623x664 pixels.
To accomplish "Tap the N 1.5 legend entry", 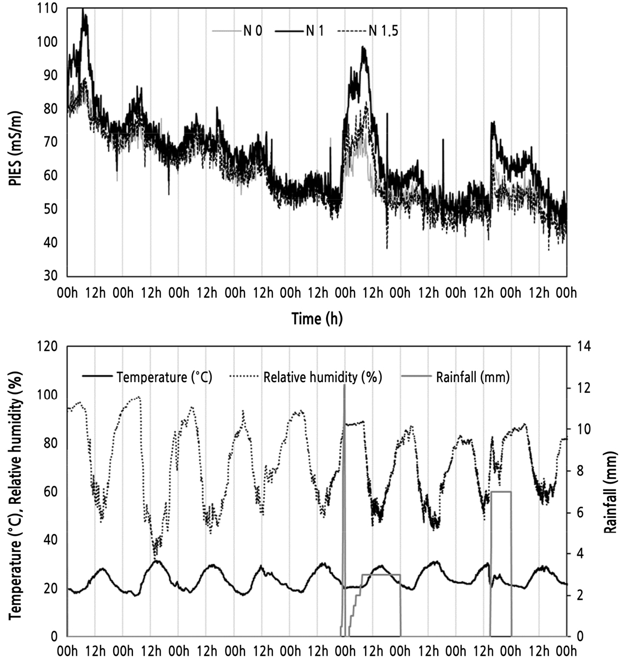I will click(383, 31).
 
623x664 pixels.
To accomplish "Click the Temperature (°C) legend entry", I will click(164, 377).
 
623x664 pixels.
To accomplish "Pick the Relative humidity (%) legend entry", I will click(322, 377).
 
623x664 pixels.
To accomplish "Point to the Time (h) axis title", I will click(317, 319).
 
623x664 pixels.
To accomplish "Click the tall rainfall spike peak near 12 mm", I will click(344, 385).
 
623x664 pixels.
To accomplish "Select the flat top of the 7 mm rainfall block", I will click(501, 492).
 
